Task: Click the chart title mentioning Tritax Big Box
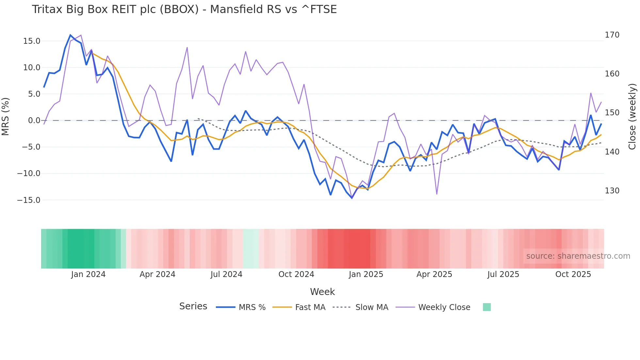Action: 184,9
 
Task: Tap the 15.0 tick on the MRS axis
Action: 32,41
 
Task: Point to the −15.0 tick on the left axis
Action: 29,200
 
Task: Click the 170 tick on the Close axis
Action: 612,35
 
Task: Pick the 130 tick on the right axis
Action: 612,191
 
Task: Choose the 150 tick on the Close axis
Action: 612,113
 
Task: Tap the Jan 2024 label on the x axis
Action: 88,274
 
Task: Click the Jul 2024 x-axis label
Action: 226,274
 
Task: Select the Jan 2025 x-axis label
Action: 366,274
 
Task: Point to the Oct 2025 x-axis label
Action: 573,274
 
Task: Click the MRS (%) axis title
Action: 6,117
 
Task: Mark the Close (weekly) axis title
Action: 632,117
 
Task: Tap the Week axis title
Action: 322,292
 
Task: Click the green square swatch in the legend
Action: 487,307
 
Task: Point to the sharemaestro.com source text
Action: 578,256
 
